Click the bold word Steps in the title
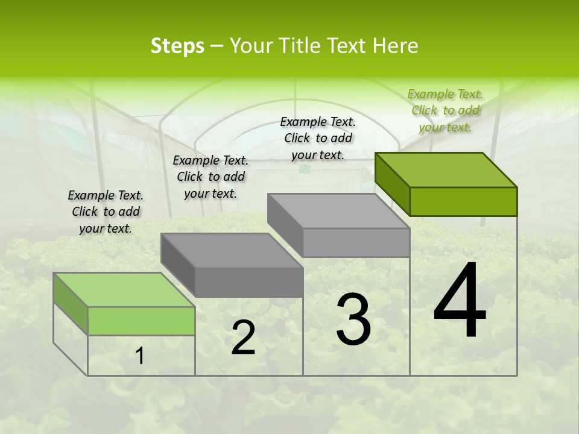tap(177, 46)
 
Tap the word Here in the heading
tap(395, 46)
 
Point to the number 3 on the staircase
tap(353, 319)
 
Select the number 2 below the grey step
tap(243, 338)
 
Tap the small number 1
tap(140, 356)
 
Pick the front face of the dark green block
tap(463, 201)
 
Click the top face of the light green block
tap(124, 289)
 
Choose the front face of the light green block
tap(141, 321)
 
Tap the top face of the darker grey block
tap(232, 250)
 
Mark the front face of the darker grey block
tap(248, 282)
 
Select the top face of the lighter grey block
tap(338, 210)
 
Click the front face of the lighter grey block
tap(356, 242)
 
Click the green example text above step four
tap(445, 110)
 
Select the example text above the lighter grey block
tap(318, 138)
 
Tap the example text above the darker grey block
tap(210, 177)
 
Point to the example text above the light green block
tap(106, 212)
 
